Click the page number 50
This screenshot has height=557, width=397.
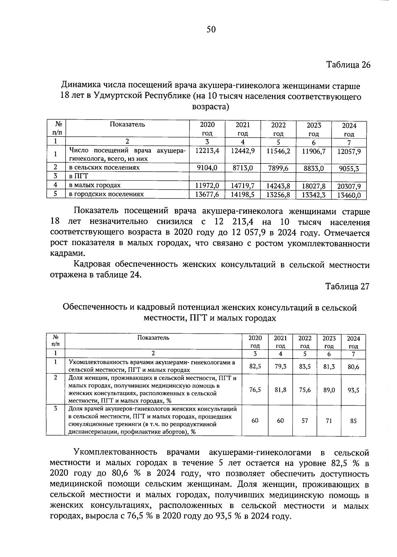(x=211, y=30)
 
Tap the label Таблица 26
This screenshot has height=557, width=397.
(x=348, y=64)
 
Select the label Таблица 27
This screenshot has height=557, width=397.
(x=347, y=286)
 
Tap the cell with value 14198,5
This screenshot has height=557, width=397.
(x=243, y=195)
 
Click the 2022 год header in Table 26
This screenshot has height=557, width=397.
(x=278, y=129)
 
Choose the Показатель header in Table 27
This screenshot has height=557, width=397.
(x=153, y=338)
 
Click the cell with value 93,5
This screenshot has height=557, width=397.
(x=353, y=390)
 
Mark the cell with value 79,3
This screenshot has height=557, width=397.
(x=280, y=367)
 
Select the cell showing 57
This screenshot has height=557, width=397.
(x=305, y=421)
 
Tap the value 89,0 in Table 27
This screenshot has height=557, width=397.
(x=329, y=390)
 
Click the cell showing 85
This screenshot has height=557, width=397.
(x=353, y=421)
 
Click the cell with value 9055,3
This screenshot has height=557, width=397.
(x=349, y=169)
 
